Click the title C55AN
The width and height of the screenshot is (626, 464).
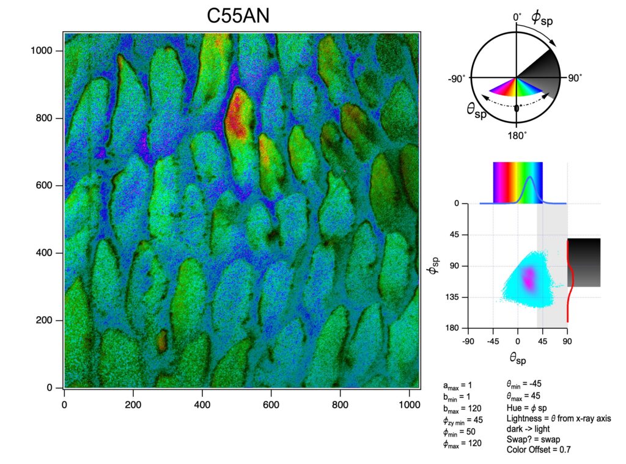point(238,17)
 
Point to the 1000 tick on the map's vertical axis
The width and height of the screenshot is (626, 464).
point(46,51)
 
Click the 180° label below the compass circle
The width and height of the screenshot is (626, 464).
point(517,135)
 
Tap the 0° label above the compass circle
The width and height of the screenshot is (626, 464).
point(517,18)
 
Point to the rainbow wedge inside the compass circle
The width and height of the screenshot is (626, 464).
point(515,90)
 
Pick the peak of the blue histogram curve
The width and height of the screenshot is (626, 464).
point(531,178)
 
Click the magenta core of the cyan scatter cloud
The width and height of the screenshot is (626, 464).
point(528,280)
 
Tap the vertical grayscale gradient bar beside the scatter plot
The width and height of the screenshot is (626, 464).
point(584,262)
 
